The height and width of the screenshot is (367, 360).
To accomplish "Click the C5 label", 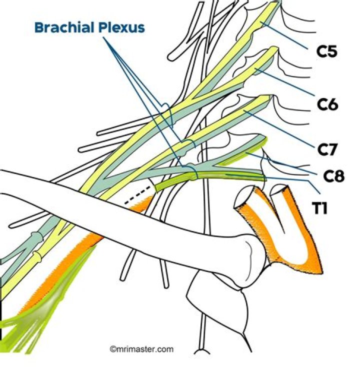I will (328, 51).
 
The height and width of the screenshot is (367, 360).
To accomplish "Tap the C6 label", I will (328, 103).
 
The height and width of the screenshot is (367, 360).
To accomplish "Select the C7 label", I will (328, 148).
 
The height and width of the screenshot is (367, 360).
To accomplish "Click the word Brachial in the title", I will (63, 27).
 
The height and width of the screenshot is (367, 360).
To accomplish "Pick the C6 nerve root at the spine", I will (265, 59).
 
